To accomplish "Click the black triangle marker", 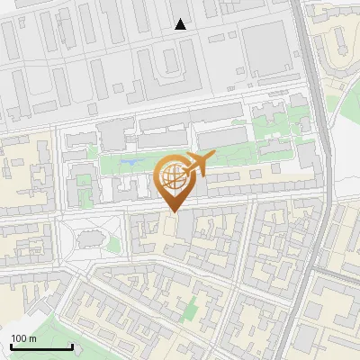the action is [181, 24].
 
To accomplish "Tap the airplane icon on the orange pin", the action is [196, 165].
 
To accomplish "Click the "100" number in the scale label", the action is [20, 338].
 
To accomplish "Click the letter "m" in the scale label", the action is [33, 338].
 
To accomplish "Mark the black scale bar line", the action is [40, 346].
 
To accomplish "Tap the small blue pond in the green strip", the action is [131, 163].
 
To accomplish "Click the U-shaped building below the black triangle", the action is [169, 65].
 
